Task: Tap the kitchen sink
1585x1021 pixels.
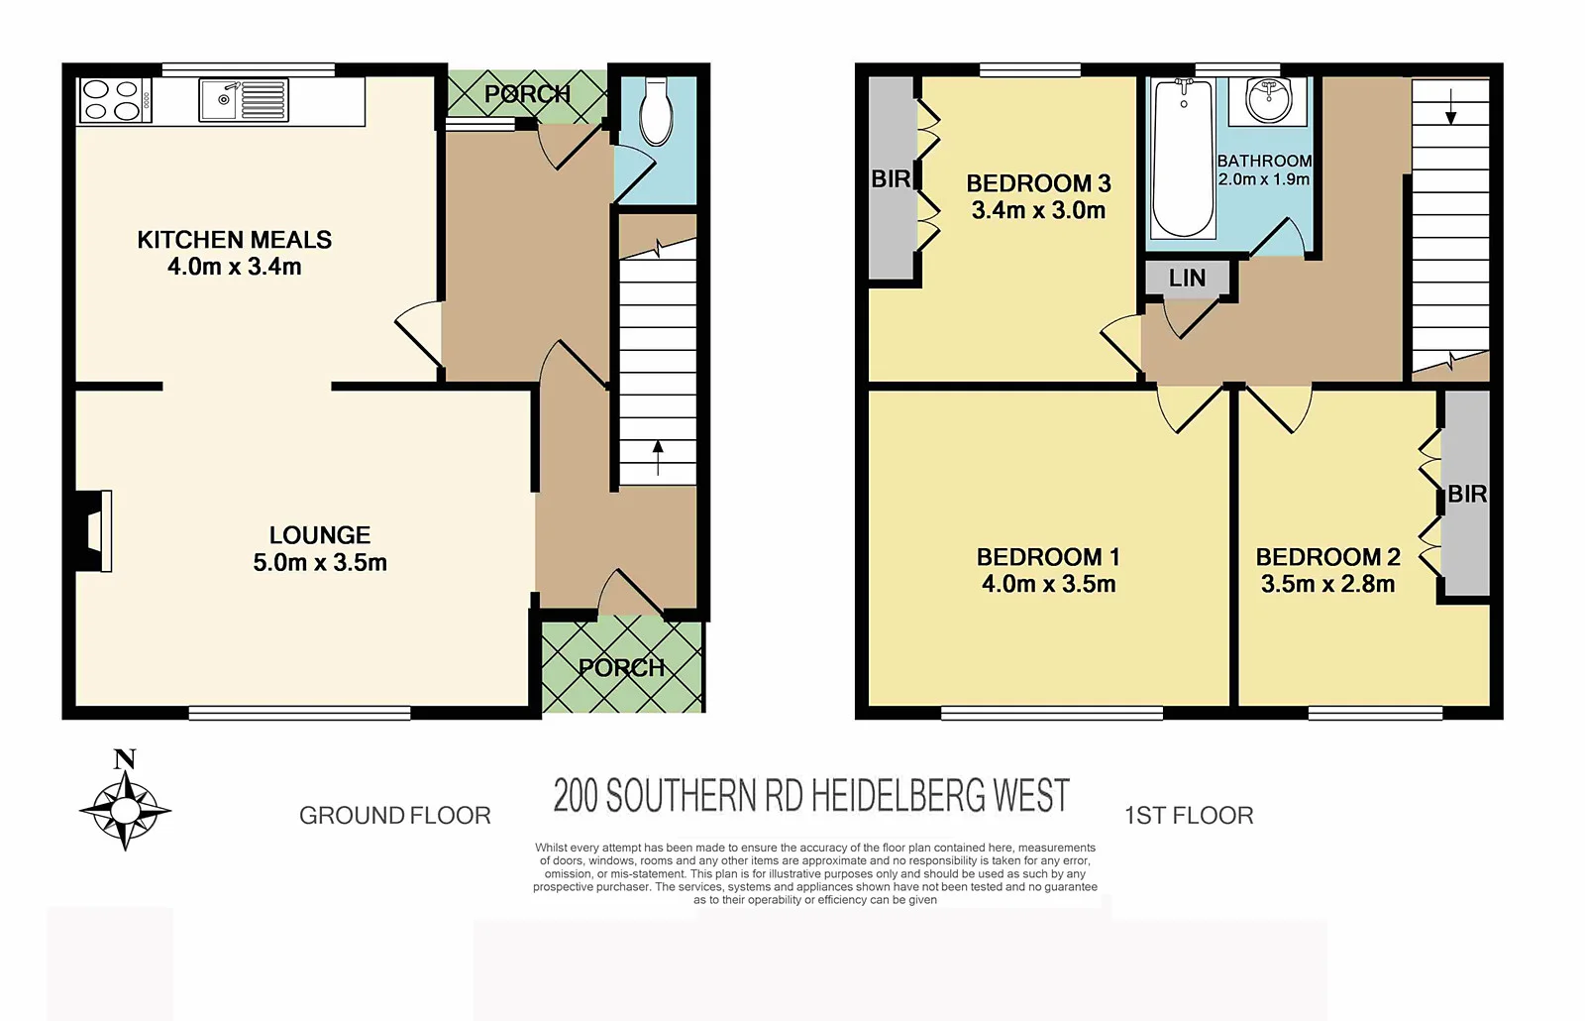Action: pyautogui.click(x=243, y=100)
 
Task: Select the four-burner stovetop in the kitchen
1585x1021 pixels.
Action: pyautogui.click(x=113, y=100)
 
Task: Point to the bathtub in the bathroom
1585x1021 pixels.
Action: pyautogui.click(x=1183, y=159)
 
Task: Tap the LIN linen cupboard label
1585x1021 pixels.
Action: pyautogui.click(x=1187, y=279)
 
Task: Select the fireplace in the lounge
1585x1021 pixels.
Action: pyautogui.click(x=96, y=530)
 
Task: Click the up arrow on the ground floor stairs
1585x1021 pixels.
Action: pyautogui.click(x=658, y=458)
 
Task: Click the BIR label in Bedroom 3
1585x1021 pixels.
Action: pyautogui.click(x=891, y=179)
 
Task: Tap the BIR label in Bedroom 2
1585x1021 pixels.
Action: pyautogui.click(x=1467, y=494)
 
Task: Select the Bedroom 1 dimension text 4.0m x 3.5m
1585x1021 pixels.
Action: pyautogui.click(x=1048, y=585)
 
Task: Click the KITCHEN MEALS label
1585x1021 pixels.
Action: pyautogui.click(x=235, y=240)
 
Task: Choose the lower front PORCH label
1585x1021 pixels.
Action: pyautogui.click(x=621, y=667)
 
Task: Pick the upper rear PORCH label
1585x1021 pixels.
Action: pyautogui.click(x=527, y=94)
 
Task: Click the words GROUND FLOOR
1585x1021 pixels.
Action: pyautogui.click(x=394, y=816)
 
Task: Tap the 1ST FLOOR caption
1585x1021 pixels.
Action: pyautogui.click(x=1189, y=816)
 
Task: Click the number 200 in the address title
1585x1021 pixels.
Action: pyautogui.click(x=576, y=796)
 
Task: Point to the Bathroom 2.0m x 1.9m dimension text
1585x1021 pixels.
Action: pyautogui.click(x=1264, y=179)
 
